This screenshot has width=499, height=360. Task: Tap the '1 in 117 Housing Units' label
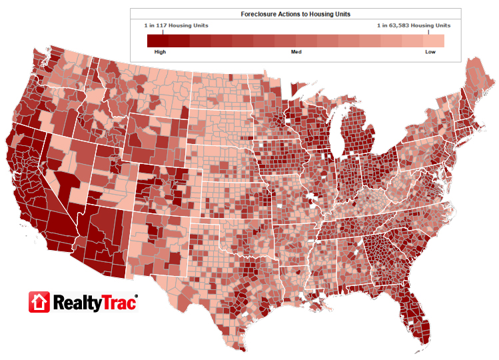pos(176,25)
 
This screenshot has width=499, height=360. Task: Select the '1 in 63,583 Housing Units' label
pos(413,25)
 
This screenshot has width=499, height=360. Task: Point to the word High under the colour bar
pos(160,51)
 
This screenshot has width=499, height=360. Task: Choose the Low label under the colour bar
pos(430,51)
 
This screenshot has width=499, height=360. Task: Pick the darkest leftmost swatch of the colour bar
pos(157,40)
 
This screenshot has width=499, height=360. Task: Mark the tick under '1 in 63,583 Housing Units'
pos(428,31)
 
